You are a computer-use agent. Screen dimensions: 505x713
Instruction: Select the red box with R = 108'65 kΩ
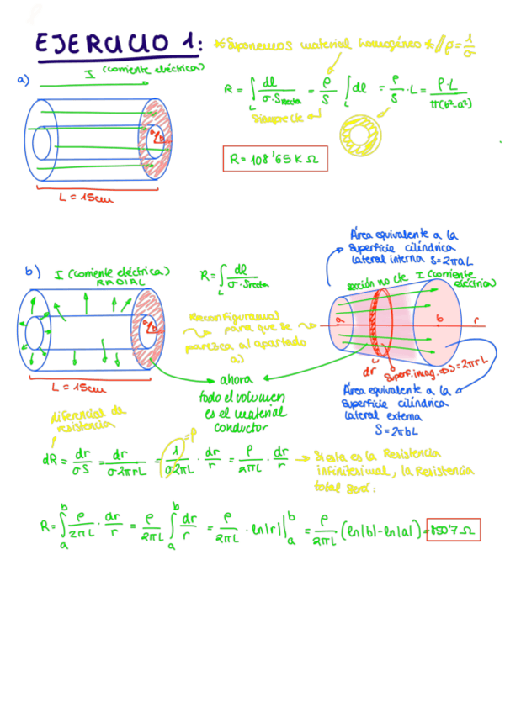pos(274,156)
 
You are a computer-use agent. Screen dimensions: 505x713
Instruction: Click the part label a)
pos(23,80)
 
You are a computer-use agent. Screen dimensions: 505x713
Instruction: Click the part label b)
pos(33,271)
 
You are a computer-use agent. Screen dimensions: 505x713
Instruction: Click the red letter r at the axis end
pos(477,321)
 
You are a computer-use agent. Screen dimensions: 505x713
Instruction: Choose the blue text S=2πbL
pos(391,429)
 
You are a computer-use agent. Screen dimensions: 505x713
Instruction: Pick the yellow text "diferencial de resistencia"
pos(88,418)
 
